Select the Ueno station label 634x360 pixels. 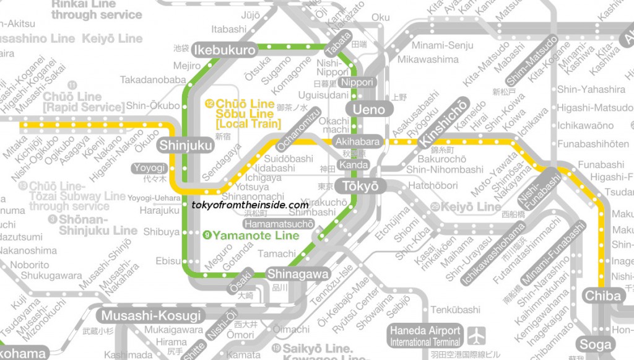click(x=369, y=110)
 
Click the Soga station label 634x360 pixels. click(x=595, y=345)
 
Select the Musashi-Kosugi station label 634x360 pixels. click(x=152, y=315)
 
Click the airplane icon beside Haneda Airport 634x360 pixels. click(x=475, y=336)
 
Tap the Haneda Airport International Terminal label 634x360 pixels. click(x=425, y=336)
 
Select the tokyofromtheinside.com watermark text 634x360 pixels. click(x=250, y=205)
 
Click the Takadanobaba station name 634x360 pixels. click(x=153, y=80)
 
